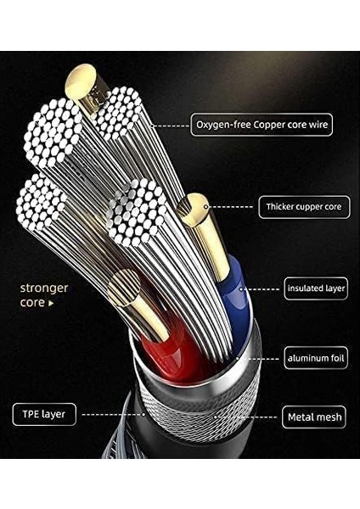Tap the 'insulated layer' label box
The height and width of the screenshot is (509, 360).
(316, 288)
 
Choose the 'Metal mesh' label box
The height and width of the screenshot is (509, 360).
(314, 417)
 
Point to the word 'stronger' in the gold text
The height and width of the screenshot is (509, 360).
(44, 288)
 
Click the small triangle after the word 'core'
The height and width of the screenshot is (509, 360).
(51, 302)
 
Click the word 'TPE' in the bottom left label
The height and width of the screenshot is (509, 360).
(31, 415)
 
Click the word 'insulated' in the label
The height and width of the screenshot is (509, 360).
(303, 288)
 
